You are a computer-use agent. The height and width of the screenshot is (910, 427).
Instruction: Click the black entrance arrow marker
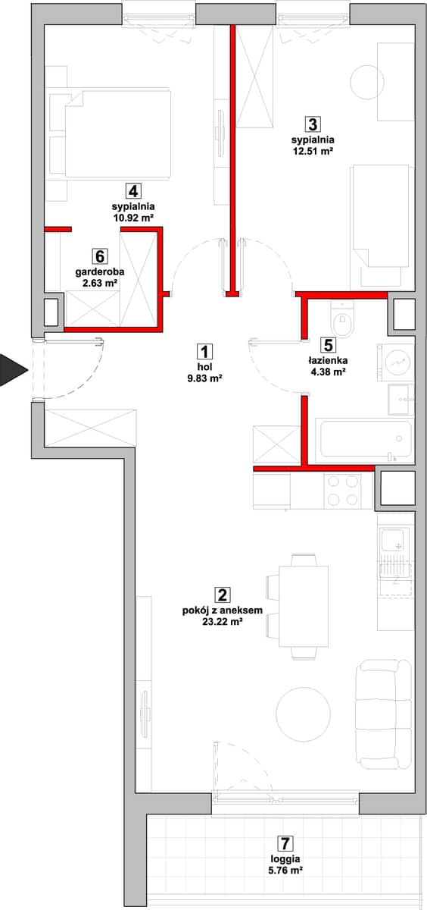click(12, 370)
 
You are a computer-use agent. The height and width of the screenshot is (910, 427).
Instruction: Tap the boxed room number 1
click(205, 352)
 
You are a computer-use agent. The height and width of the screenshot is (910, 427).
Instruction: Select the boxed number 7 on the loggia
click(285, 843)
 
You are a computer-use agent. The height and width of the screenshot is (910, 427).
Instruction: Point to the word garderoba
click(100, 271)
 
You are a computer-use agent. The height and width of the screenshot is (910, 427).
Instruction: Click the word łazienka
click(328, 360)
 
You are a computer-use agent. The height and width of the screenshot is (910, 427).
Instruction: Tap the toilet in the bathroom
click(343, 320)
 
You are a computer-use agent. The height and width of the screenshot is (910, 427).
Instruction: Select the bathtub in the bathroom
click(365, 440)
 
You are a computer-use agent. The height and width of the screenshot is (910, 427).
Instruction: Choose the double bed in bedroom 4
click(110, 133)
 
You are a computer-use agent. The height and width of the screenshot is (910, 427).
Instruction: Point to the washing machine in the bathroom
click(396, 362)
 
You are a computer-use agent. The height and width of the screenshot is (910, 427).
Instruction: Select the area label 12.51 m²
click(313, 151)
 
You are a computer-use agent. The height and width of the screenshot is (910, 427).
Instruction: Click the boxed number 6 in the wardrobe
click(100, 257)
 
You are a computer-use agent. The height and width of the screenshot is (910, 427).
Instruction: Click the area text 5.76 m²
click(286, 871)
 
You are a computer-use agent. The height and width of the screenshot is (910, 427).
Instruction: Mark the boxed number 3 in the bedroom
click(313, 124)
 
